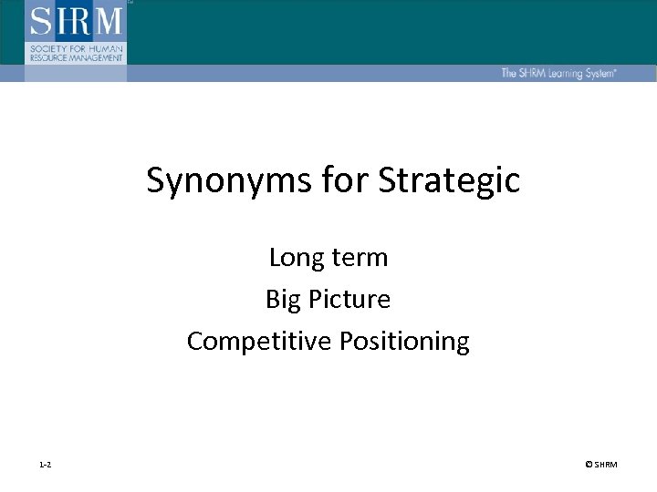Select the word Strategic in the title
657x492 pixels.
pos(449,180)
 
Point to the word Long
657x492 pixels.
pos(294,259)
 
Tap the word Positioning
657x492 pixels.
pos(404,342)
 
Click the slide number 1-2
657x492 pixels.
pos(46,466)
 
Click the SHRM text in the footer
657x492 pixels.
pos(606,466)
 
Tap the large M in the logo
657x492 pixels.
pos(108,21)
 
